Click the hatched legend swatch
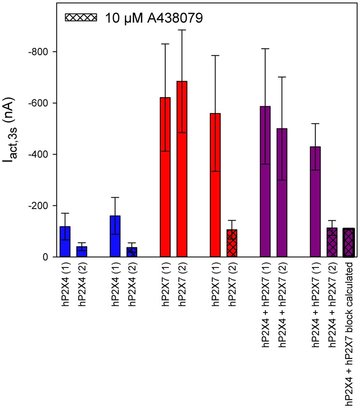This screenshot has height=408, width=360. [x=81, y=18]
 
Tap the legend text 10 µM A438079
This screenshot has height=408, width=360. [x=156, y=18]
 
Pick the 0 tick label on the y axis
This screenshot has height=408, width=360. [x=45, y=257]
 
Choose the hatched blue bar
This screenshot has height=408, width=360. [x=132, y=252]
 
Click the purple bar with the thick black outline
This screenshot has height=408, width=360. [x=349, y=243]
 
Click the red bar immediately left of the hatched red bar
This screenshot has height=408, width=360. [x=215, y=185]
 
